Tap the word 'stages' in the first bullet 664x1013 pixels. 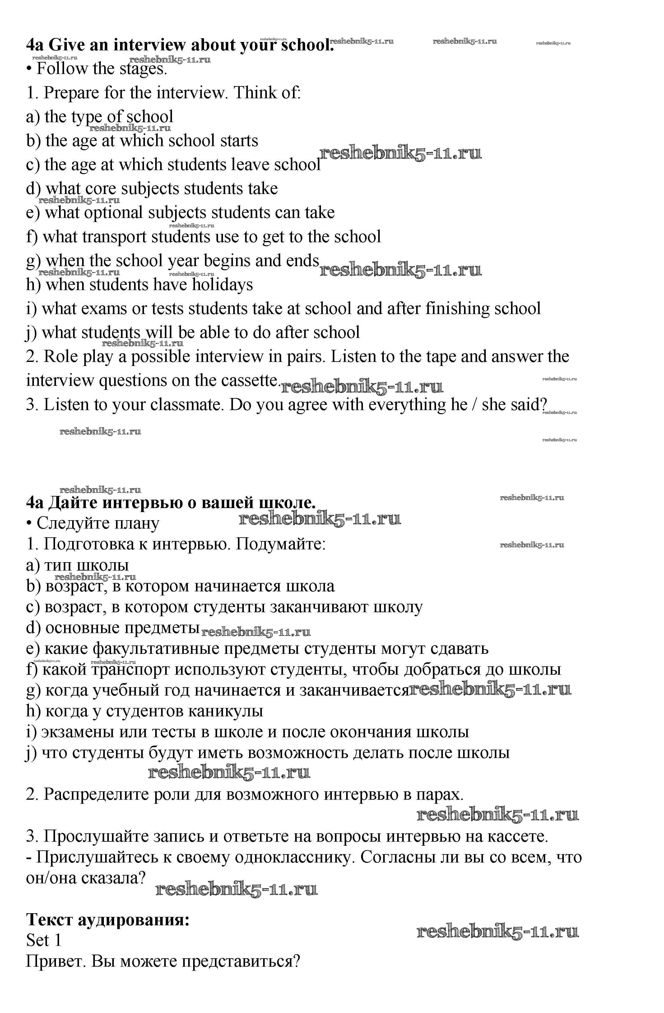(142, 69)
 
